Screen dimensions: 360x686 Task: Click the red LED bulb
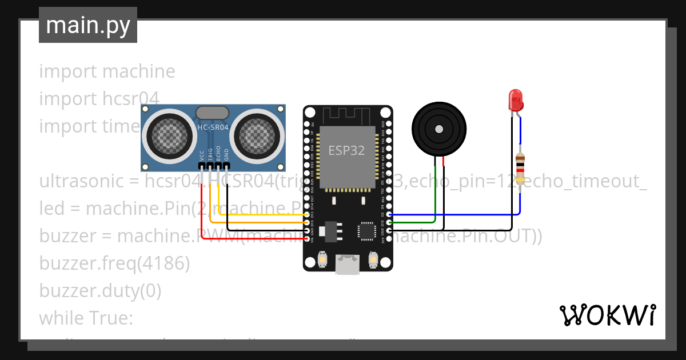516,100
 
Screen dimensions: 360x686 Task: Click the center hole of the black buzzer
439,129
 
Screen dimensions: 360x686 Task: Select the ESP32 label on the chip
346,150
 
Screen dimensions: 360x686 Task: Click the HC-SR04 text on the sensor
213,128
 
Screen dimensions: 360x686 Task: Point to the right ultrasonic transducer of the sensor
258,135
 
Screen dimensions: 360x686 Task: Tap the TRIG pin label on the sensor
210,154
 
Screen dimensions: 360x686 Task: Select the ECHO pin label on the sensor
218,154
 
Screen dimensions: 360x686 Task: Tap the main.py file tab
88,25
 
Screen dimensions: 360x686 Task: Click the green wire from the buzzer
435,194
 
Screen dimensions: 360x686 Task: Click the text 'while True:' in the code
86,318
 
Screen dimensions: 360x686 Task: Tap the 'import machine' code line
107,71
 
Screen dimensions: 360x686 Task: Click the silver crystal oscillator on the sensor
213,113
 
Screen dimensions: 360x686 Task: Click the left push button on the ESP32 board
322,260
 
